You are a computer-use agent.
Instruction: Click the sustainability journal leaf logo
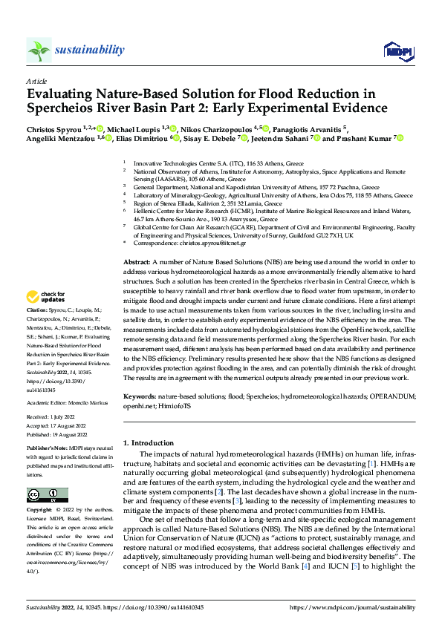coord(39,50)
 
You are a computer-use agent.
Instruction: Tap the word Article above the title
coord(36,81)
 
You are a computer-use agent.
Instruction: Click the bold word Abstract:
coord(137,263)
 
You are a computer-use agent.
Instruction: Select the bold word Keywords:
coord(140,396)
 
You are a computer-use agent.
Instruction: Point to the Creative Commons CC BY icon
coord(47,494)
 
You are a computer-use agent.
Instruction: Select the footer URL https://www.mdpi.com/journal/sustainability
coord(351,607)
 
